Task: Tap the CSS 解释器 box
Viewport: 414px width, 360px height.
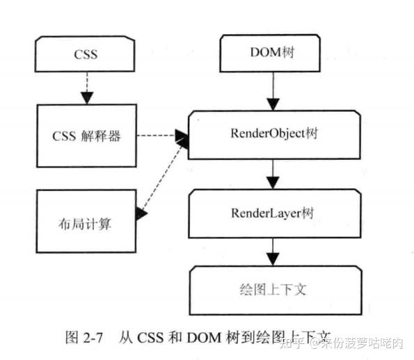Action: point(86,136)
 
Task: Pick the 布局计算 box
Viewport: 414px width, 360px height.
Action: point(86,224)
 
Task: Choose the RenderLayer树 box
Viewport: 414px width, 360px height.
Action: point(273,213)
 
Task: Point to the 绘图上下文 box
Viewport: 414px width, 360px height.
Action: point(277,289)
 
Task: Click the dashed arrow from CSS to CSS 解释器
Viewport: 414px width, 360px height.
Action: point(86,87)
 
